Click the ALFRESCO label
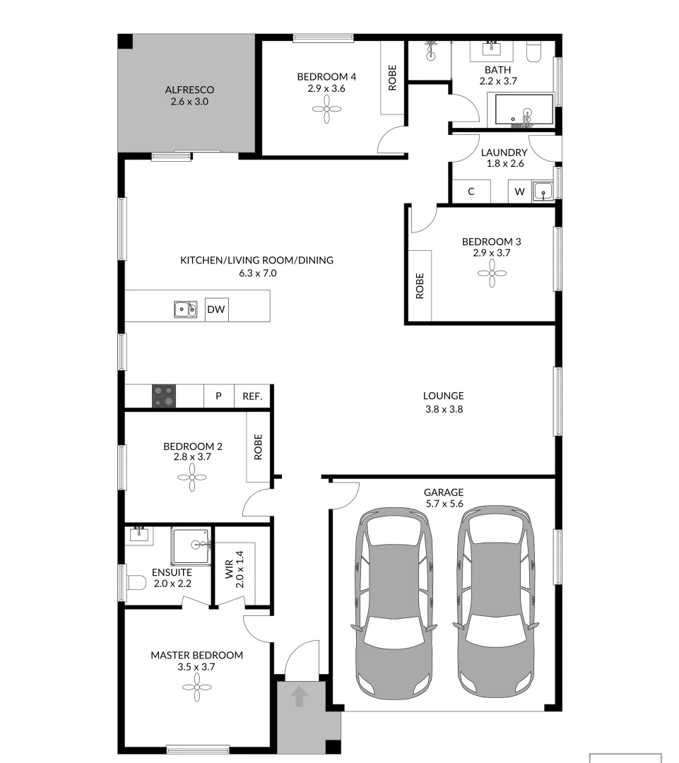pos(189,90)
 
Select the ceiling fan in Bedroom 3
pos(492,273)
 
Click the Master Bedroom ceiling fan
pos(197,687)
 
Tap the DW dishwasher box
pos(216,309)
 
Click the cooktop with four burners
pos(164,396)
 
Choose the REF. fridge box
pos(252,396)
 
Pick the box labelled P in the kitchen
pos(218,396)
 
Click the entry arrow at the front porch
pos(300,697)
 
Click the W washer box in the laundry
pos(519,191)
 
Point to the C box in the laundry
pos(471,191)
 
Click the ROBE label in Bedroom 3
pos(420,285)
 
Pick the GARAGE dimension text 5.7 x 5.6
pos(443,504)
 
